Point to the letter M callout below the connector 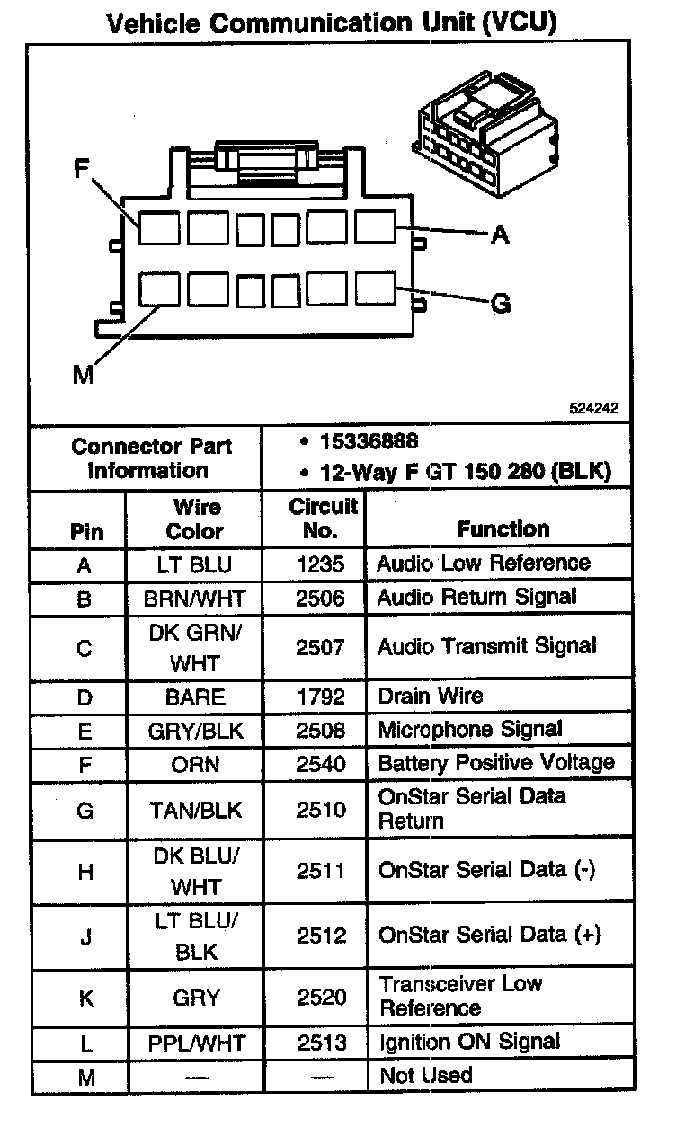coord(83,374)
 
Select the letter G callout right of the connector coord(501,304)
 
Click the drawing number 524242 coord(593,407)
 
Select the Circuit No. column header coord(322,519)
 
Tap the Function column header coord(503,529)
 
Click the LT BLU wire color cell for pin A coord(194,564)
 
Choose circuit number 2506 coord(321,598)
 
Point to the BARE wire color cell coord(194,697)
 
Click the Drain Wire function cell coord(431,696)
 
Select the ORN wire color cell coord(194,764)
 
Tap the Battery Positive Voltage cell coord(496,763)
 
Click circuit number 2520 coord(321,998)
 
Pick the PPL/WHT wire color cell coord(194,1043)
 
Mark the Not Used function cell coord(425,1075)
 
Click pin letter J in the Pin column coord(85,937)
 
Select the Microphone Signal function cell coord(470,730)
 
